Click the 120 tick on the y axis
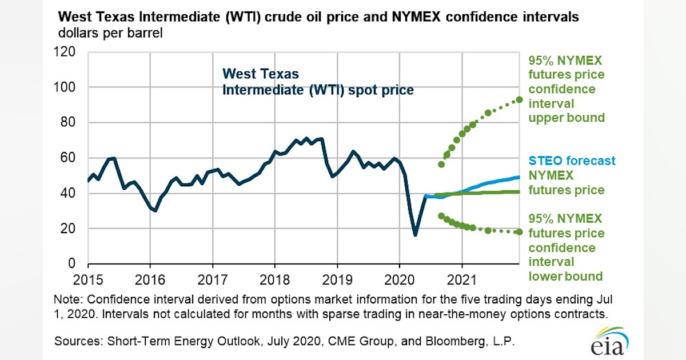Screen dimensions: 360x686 tap(67, 53)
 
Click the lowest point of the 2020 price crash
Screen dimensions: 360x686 tap(415, 234)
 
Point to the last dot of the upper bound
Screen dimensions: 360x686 tap(520, 99)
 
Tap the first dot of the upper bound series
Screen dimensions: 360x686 tap(441, 165)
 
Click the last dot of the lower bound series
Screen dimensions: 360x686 tap(520, 231)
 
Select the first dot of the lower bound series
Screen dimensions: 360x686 tap(441, 216)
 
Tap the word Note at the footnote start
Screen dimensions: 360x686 tap(66, 300)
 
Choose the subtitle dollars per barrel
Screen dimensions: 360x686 tap(110, 33)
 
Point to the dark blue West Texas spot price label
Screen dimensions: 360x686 tap(317, 82)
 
